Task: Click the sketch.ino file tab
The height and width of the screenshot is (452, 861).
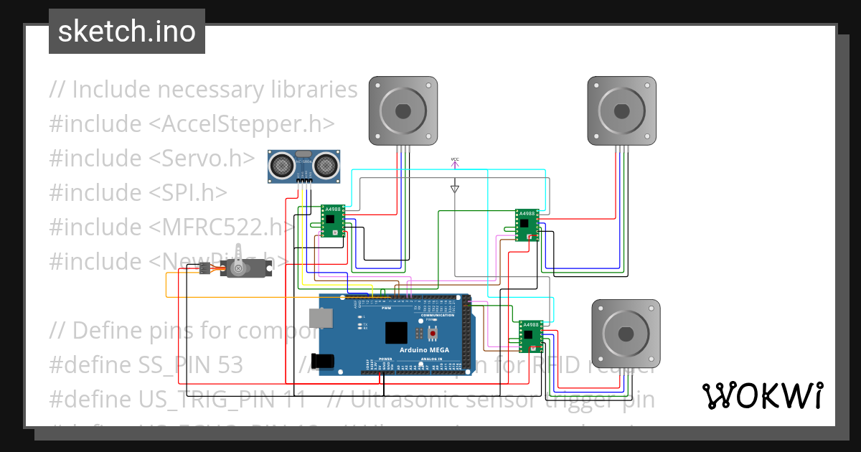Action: coord(127,32)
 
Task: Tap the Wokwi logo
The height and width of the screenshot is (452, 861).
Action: coord(762,395)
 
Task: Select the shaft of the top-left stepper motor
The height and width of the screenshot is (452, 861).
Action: coord(403,111)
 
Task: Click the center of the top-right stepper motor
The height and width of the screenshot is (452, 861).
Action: coord(621,111)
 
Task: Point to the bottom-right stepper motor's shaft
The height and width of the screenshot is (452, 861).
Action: coord(625,334)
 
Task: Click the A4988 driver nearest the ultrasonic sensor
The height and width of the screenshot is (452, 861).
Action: coord(332,221)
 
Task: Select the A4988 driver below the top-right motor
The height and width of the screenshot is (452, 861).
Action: coord(527,225)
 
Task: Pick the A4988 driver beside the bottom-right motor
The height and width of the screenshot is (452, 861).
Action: coord(531,336)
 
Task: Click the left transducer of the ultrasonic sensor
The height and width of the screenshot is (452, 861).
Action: coord(281,166)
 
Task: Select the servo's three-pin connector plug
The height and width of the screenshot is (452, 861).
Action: coord(204,268)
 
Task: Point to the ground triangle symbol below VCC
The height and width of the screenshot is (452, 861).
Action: coord(454,189)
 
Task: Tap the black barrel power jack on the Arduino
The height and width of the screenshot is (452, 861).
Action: coord(327,360)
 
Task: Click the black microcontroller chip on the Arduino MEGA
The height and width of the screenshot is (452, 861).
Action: coord(395,333)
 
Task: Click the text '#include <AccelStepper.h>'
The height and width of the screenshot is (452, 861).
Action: coord(192,124)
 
